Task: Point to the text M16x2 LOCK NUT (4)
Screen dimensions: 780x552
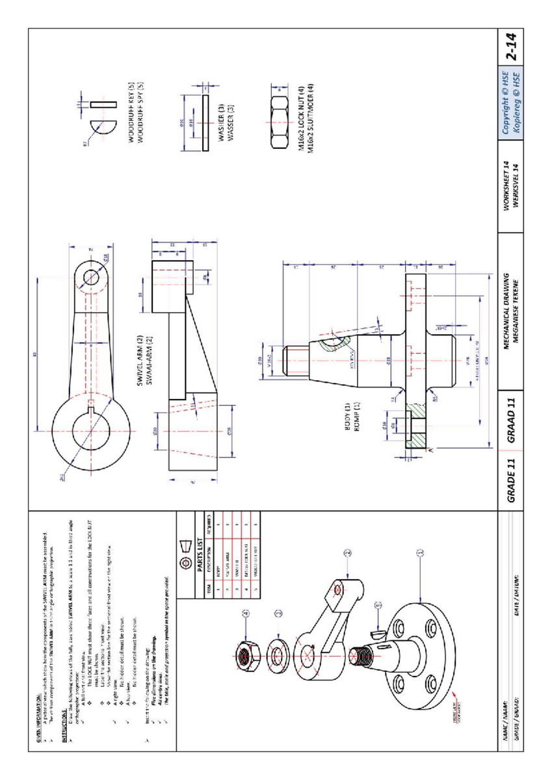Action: (x=302, y=118)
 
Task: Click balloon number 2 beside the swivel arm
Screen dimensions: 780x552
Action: (x=348, y=553)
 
